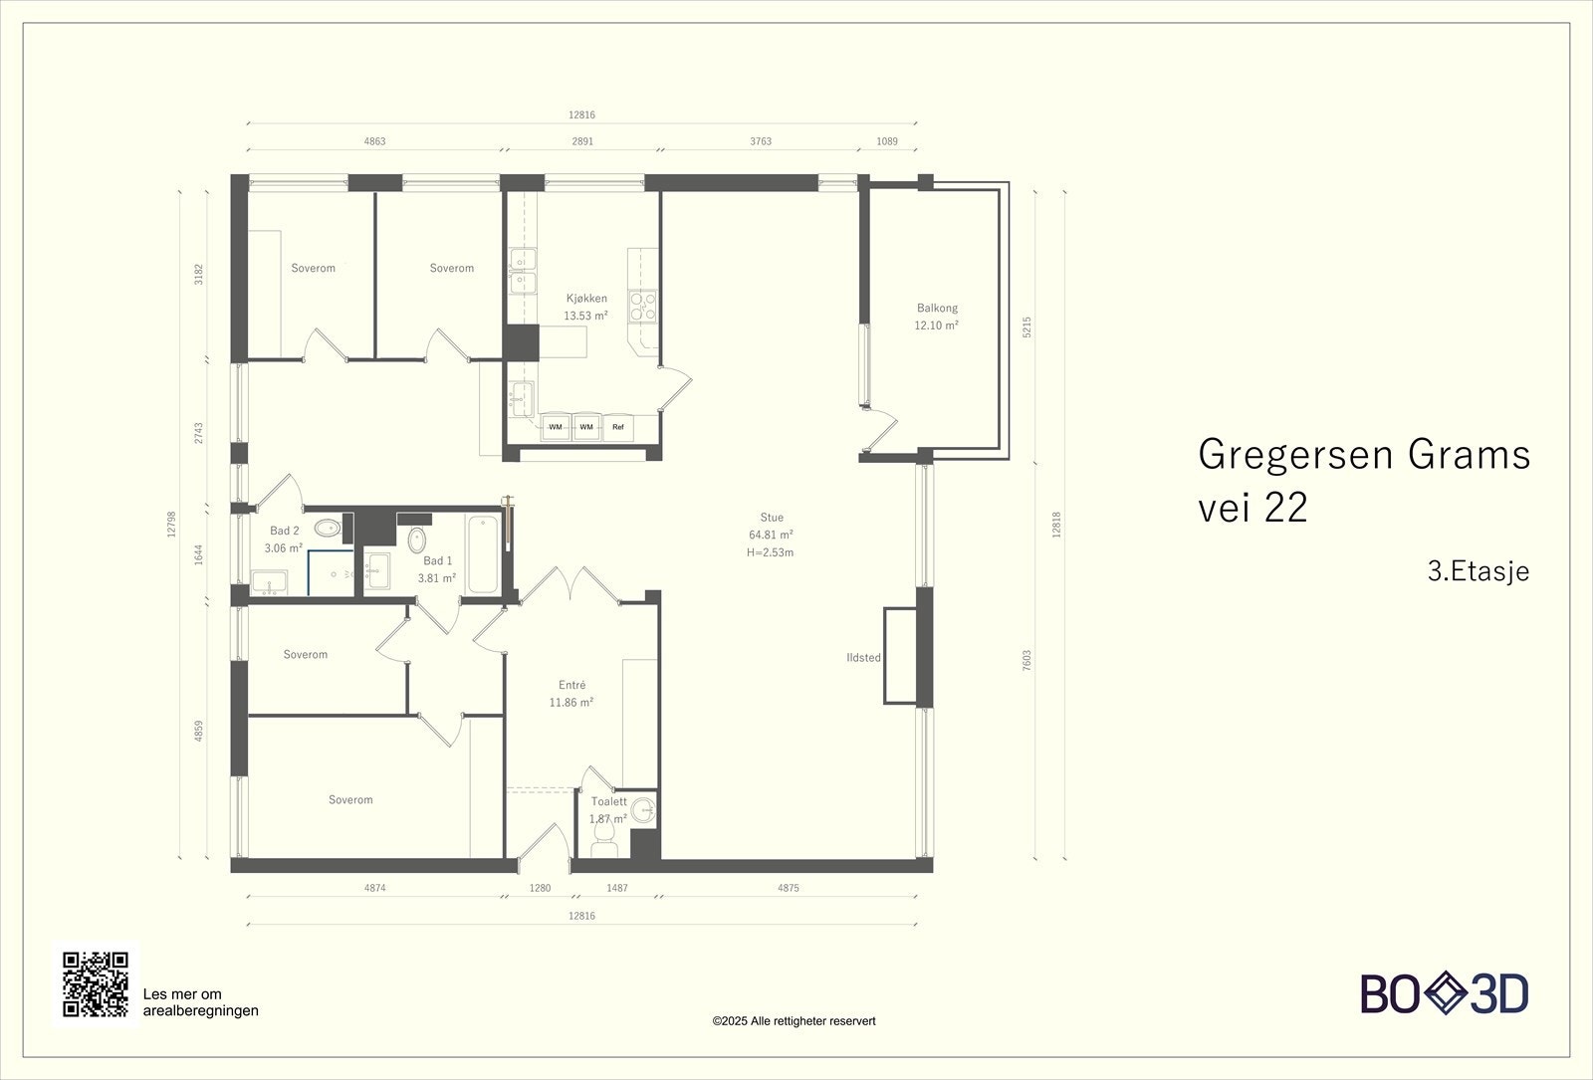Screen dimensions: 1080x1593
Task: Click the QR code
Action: click(x=96, y=984)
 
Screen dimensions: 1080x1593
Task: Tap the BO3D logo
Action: click(x=1445, y=994)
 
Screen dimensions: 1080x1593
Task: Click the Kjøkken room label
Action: click(x=586, y=299)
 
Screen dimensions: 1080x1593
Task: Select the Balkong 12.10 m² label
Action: click(x=937, y=317)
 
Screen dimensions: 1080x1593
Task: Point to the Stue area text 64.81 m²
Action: click(x=771, y=535)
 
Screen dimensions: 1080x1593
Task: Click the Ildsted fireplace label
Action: click(x=863, y=658)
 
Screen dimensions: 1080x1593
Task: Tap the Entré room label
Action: click(x=571, y=685)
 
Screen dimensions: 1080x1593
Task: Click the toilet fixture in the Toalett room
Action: click(x=604, y=843)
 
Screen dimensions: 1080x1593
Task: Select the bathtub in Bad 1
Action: click(x=483, y=553)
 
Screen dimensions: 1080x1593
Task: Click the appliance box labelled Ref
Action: click(x=618, y=427)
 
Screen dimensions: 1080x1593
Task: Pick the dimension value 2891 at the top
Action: click(x=582, y=141)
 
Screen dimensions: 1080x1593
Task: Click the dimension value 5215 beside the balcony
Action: click(x=1027, y=326)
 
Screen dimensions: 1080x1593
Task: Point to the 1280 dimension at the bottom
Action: click(x=540, y=888)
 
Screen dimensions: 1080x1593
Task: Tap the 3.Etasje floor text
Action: click(x=1478, y=572)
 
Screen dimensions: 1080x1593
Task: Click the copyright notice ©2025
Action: click(x=794, y=1021)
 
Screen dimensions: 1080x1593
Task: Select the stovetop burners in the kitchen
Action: click(x=643, y=305)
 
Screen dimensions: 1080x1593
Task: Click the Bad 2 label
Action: click(x=285, y=532)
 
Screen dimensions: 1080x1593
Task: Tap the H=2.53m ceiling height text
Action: click(x=770, y=552)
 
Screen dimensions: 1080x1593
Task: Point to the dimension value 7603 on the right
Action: click(x=1027, y=662)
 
